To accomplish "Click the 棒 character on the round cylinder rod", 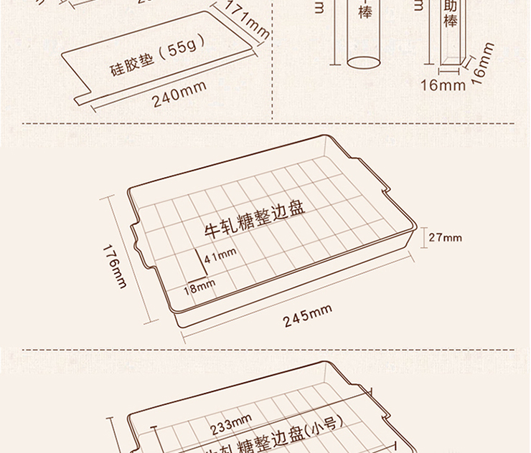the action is pos(365,12).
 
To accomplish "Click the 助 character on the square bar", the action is pos(451,6).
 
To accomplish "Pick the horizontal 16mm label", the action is pos(443,86).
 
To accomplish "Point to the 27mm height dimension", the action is pos(445,237).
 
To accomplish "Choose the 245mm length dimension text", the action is pos(307,315).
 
